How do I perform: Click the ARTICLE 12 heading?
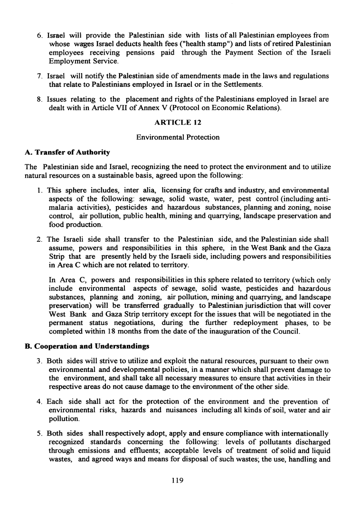178,123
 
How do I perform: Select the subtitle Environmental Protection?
178,137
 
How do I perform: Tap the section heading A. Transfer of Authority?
67,152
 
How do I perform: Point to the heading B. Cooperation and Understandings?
87,346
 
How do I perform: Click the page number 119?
177,480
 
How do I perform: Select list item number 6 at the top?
40,36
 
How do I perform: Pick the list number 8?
40,100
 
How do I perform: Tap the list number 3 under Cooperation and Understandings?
40,361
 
